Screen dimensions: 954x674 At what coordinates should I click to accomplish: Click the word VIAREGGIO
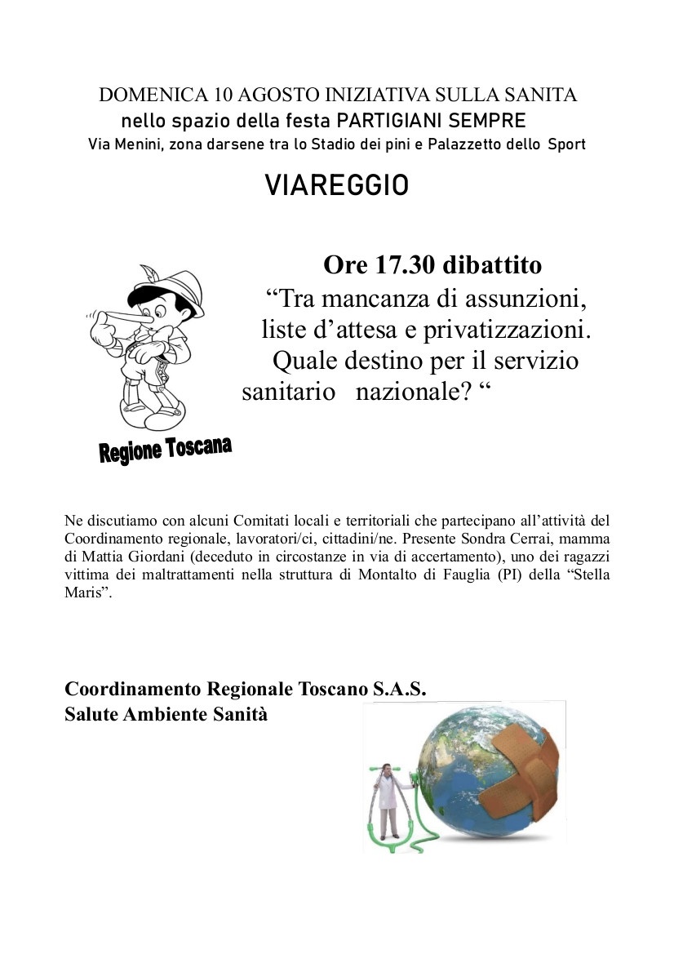336,187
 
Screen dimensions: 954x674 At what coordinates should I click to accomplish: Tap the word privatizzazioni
505,330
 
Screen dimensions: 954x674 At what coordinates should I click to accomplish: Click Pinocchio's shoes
155,415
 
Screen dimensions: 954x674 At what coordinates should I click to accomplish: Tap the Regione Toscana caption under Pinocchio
165,450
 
